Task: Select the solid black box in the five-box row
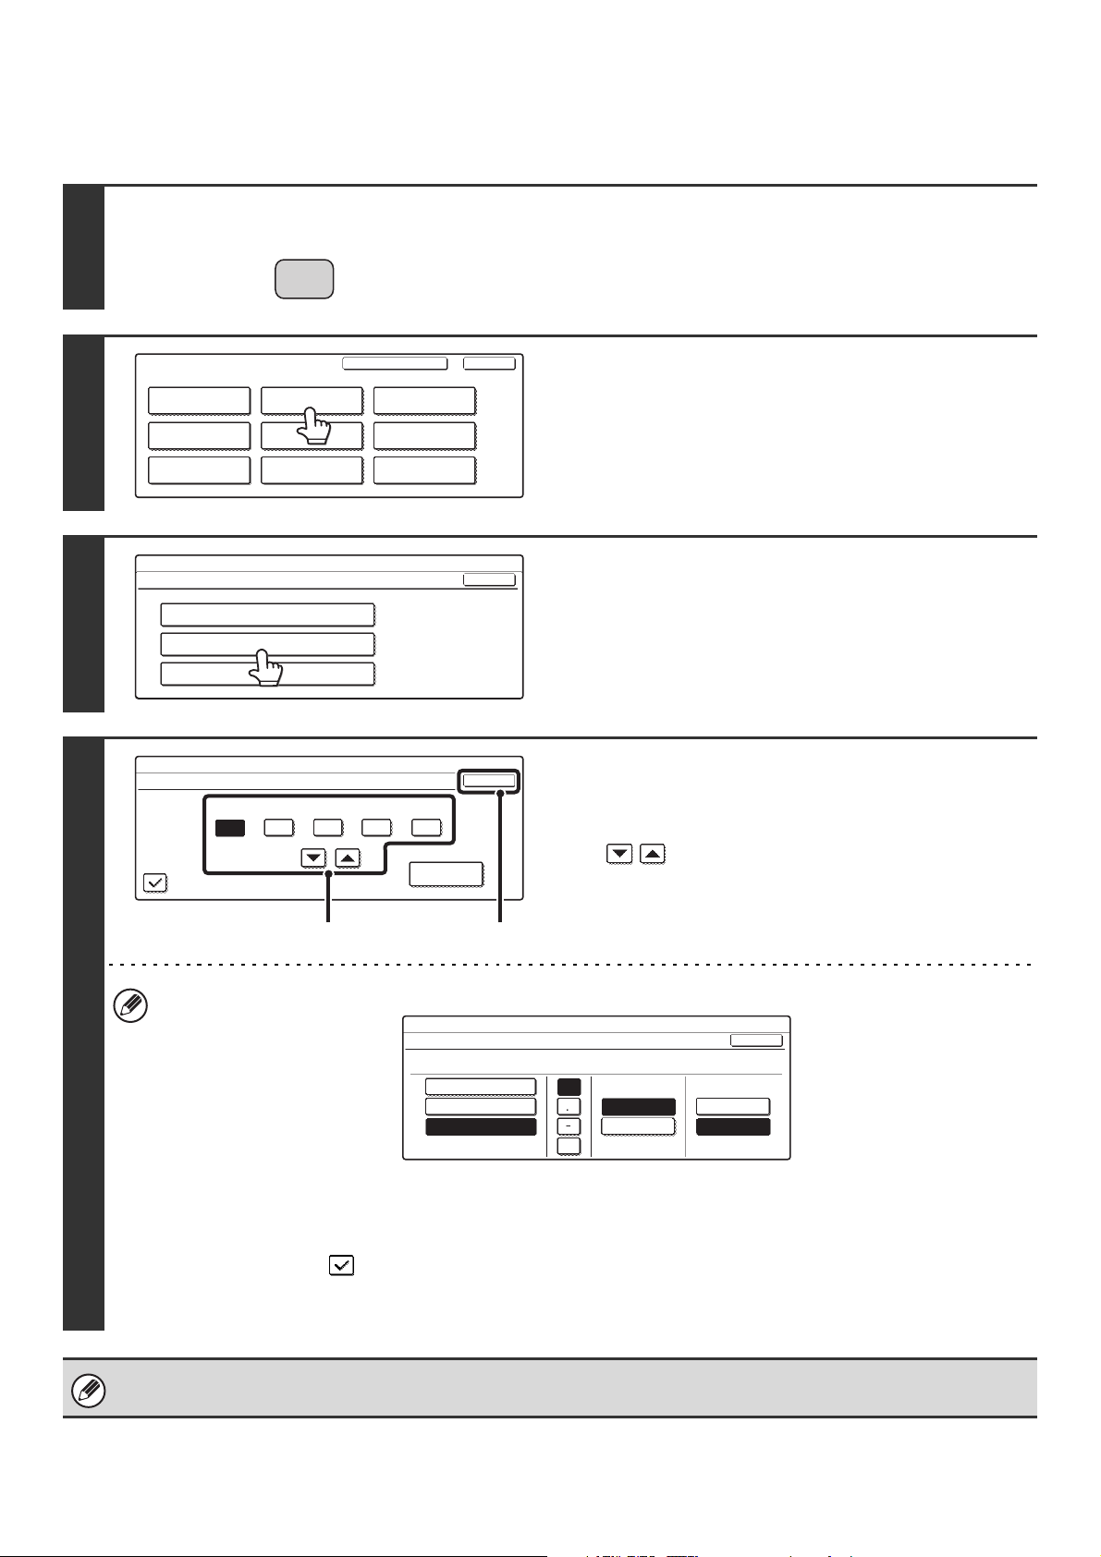pyautogui.click(x=230, y=828)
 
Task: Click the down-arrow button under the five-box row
pyautogui.click(x=314, y=858)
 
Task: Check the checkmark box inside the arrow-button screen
pyautogui.click(x=155, y=883)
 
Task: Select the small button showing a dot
pyautogui.click(x=569, y=1106)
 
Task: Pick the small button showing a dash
pyautogui.click(x=569, y=1125)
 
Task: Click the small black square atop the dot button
pyautogui.click(x=569, y=1087)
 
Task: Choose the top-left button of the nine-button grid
pyautogui.click(x=199, y=401)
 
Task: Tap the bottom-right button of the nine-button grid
pyautogui.click(x=424, y=469)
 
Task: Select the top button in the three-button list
pyautogui.click(x=267, y=615)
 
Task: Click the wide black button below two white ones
pyautogui.click(x=480, y=1126)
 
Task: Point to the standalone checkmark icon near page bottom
pyautogui.click(x=342, y=1266)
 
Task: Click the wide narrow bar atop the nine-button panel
pyautogui.click(x=395, y=363)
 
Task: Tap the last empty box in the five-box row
pyautogui.click(x=426, y=828)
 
